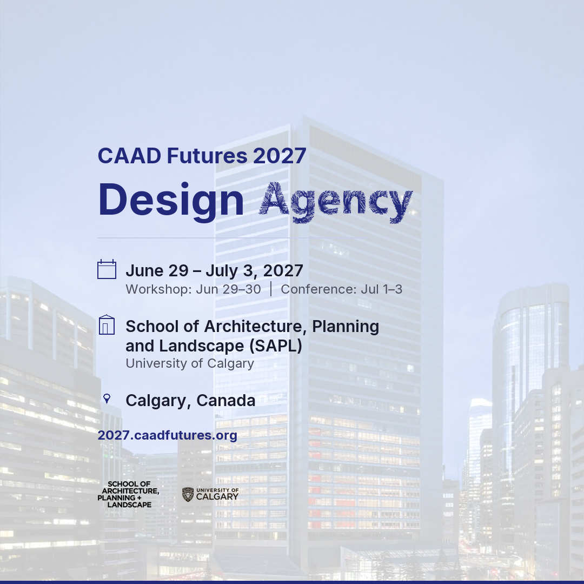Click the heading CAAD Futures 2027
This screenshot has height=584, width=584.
(202, 156)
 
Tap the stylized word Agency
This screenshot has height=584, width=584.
(336, 203)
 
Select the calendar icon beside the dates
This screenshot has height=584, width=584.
(107, 269)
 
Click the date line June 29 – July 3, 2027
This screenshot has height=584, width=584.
(214, 271)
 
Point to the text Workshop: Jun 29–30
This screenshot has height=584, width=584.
(193, 289)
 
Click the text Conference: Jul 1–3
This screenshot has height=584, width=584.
(342, 289)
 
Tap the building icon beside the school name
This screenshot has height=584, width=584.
(107, 325)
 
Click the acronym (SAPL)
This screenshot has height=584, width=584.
(276, 346)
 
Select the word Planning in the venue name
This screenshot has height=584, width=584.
(346, 327)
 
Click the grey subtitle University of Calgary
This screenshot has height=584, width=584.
(190, 363)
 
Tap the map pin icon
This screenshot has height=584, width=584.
(107, 399)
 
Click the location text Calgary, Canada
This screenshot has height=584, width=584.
(190, 401)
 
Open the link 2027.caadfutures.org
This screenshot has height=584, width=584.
(167, 435)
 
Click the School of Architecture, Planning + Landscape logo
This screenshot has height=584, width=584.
(128, 495)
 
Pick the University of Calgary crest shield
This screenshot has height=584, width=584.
(188, 495)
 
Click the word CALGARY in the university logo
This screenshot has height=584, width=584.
(217, 497)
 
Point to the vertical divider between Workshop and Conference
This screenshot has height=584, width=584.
(271, 289)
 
